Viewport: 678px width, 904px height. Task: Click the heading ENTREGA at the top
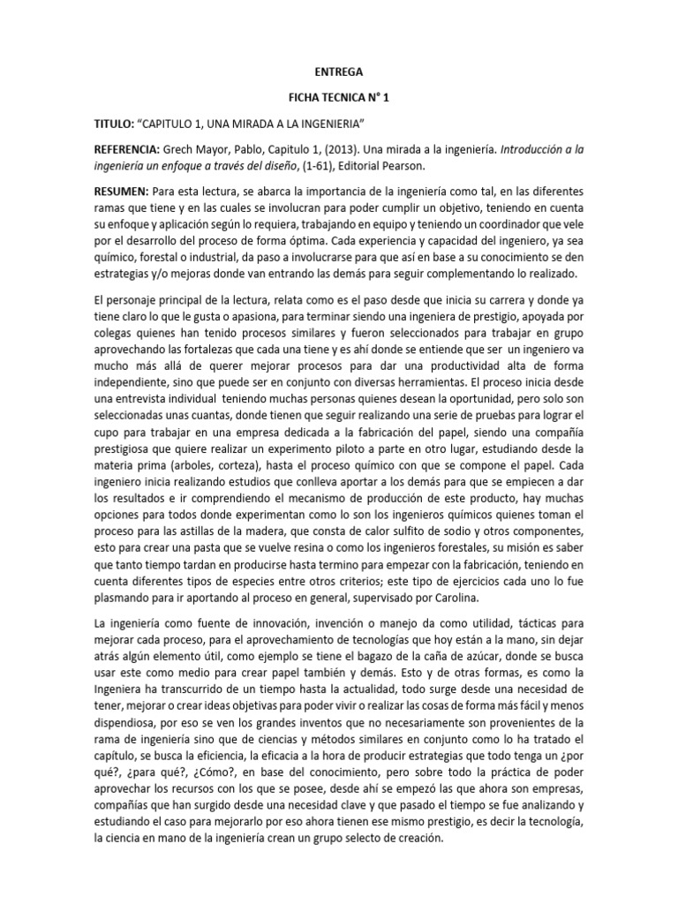pyautogui.click(x=338, y=72)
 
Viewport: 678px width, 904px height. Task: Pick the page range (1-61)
pyautogui.click(x=330, y=166)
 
